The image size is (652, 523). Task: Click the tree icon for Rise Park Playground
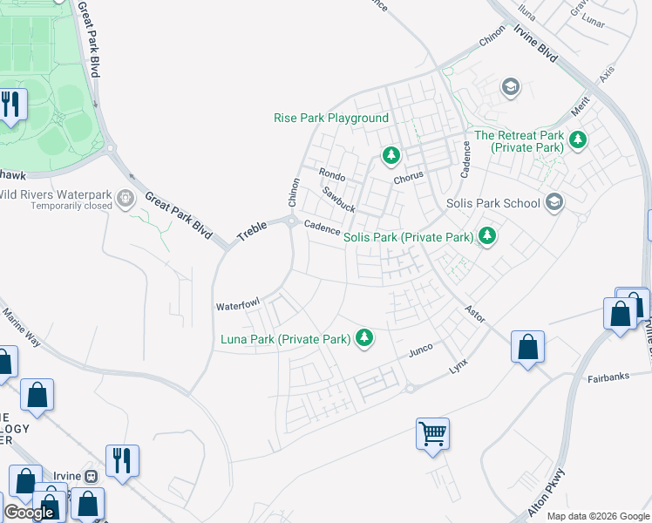point(391,155)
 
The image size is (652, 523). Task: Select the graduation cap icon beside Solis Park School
point(554,203)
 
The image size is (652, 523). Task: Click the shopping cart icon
point(432,432)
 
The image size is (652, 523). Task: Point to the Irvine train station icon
point(90,476)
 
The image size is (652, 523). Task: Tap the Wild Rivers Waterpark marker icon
point(126,198)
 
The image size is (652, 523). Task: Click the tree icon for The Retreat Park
point(577,139)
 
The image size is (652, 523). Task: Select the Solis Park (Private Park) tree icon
point(487,236)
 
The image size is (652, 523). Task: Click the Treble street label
point(253,231)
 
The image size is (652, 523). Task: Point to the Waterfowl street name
point(238,306)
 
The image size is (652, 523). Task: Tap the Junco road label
point(422,351)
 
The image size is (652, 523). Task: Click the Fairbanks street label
point(608,378)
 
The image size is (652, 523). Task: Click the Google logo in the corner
point(29,513)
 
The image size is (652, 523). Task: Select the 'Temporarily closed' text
point(71,207)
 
